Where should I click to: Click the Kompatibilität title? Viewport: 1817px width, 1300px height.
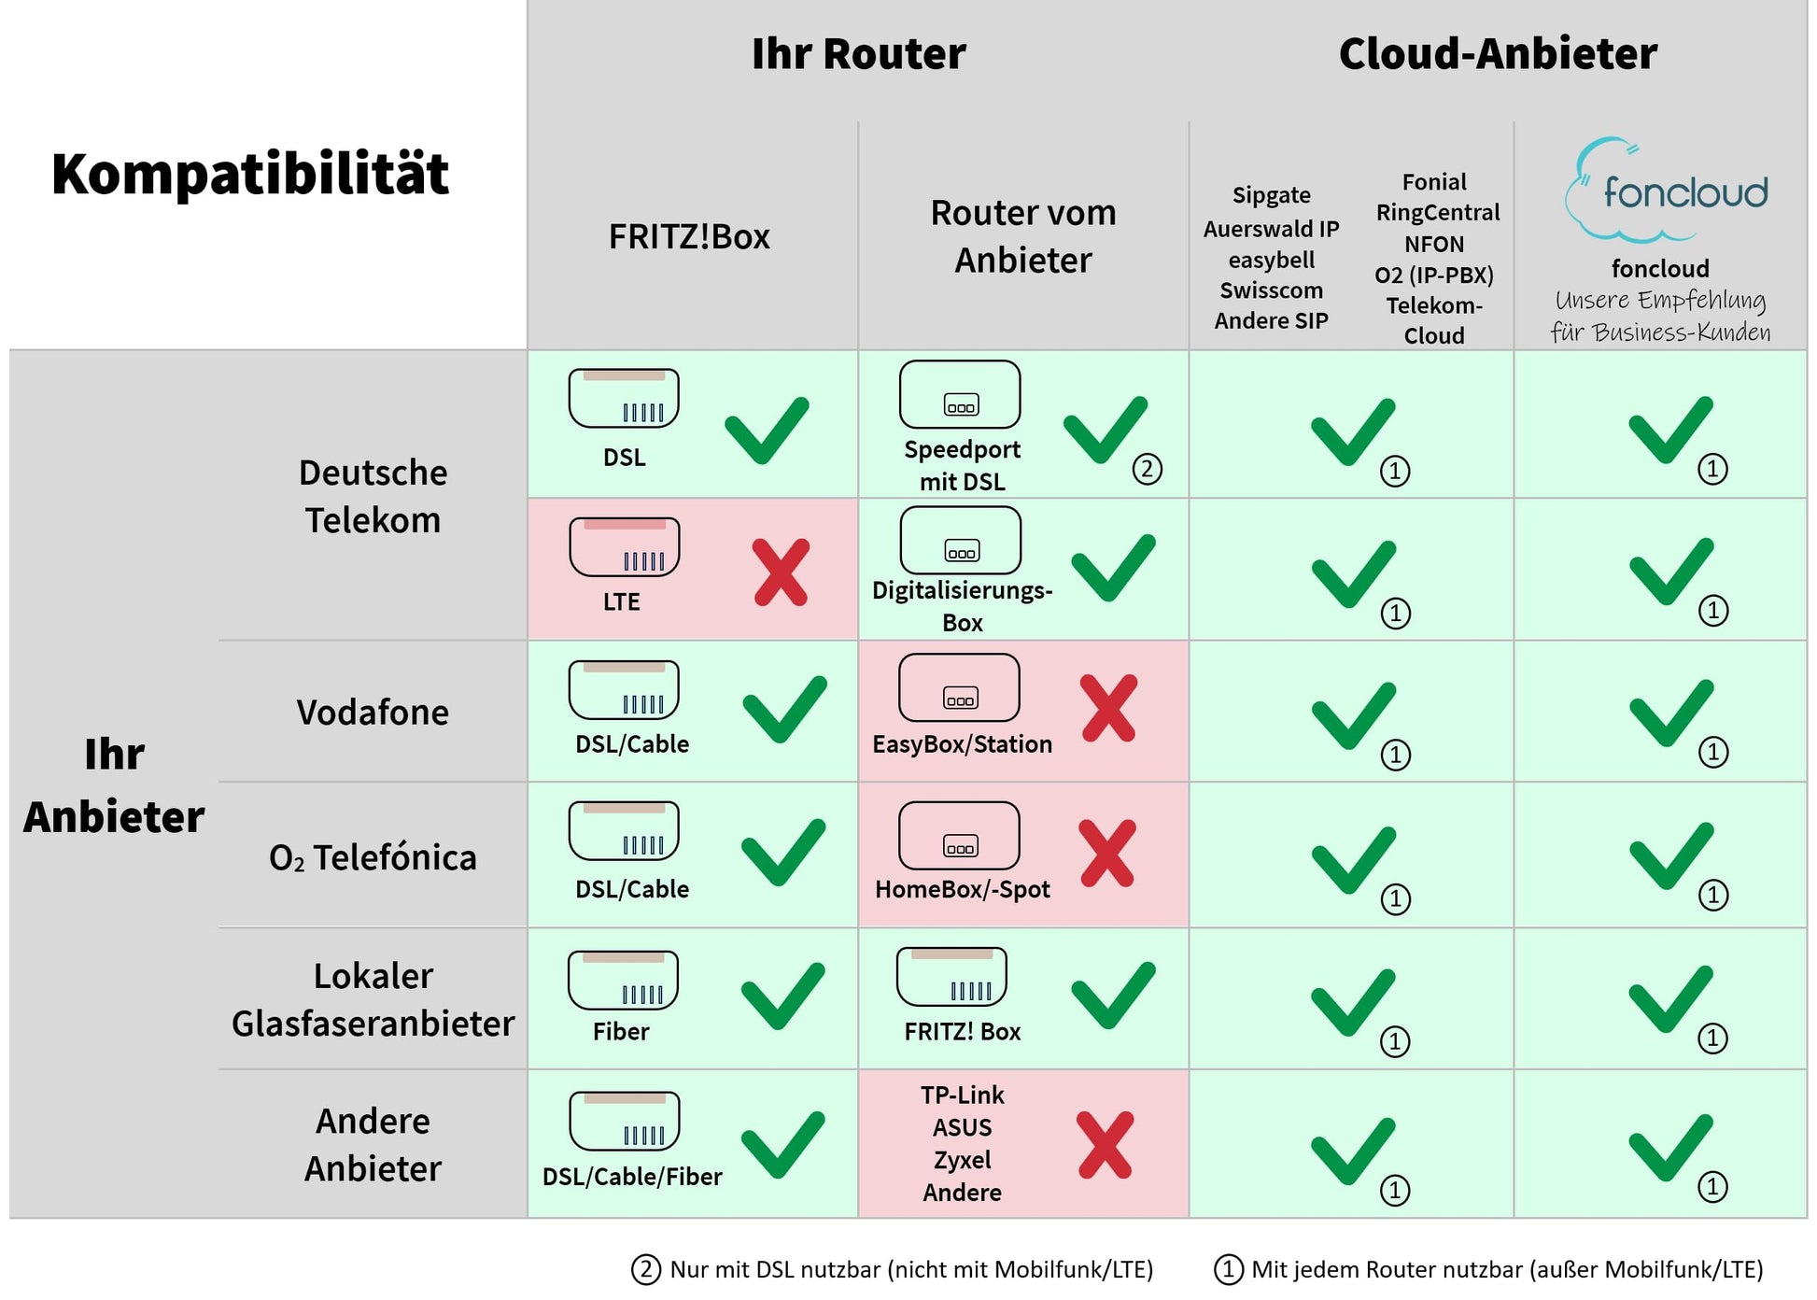pyautogui.click(x=250, y=174)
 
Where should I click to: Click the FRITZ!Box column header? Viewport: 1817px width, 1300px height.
pyautogui.click(x=689, y=237)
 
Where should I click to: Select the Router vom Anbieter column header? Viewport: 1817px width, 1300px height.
pyautogui.click(x=1023, y=236)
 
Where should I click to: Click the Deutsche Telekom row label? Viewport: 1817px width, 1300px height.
pyautogui.click(x=373, y=496)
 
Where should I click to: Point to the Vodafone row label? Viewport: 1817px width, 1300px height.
pyautogui.click(x=373, y=713)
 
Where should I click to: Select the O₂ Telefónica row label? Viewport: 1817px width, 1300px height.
pyautogui.click(x=373, y=857)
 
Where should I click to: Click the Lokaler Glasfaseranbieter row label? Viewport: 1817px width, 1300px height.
pyautogui.click(x=373, y=999)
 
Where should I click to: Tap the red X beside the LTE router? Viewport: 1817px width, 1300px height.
pyautogui.click(x=782, y=572)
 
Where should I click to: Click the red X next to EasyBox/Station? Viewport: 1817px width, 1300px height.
pyautogui.click(x=1108, y=708)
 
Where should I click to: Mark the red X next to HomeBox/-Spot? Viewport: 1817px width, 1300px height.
pyautogui.click(x=1107, y=853)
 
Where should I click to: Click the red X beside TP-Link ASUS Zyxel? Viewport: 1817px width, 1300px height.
pyautogui.click(x=1106, y=1144)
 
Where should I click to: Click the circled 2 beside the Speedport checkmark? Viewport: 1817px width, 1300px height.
pyautogui.click(x=1148, y=468)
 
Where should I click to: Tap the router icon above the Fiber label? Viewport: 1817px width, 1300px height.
pyautogui.click(x=623, y=980)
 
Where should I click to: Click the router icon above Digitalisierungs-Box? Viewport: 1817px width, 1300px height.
pyautogui.click(x=961, y=540)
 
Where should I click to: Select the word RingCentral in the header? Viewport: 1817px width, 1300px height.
pyautogui.click(x=1437, y=213)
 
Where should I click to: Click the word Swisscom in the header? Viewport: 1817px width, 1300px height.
pyautogui.click(x=1271, y=290)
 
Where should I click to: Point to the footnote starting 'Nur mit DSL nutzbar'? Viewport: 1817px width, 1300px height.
pyautogui.click(x=910, y=1269)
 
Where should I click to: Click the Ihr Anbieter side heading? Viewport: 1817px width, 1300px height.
pyautogui.click(x=114, y=785)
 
